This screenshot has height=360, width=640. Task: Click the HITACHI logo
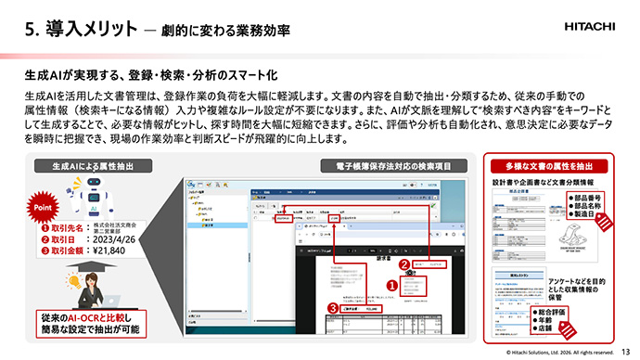pyautogui.click(x=595, y=29)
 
